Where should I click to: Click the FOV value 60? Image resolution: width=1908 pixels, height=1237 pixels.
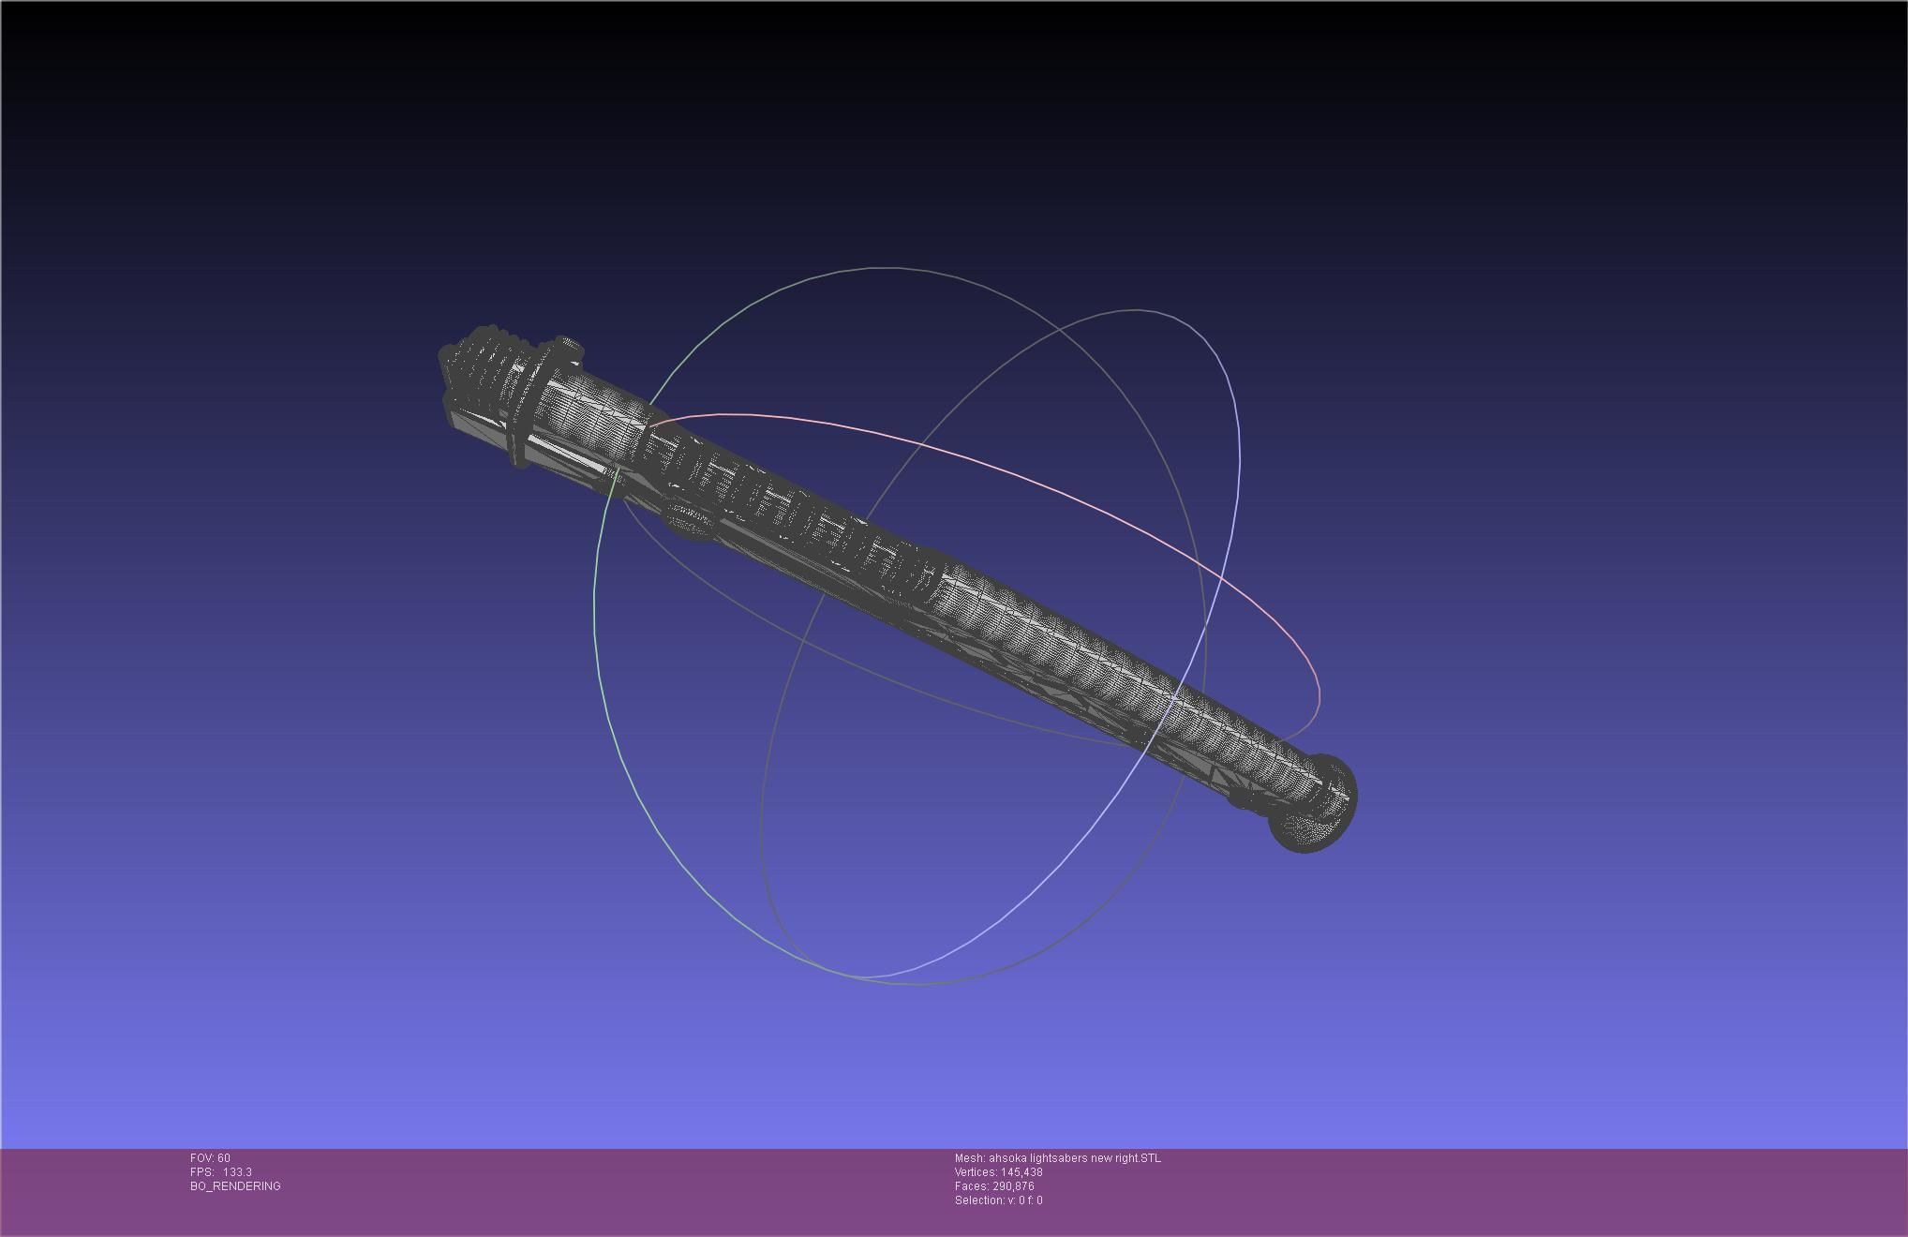pos(224,1158)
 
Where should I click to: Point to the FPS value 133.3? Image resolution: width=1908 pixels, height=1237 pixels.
pos(237,1172)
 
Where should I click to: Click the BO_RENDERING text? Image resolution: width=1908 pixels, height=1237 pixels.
pos(235,1186)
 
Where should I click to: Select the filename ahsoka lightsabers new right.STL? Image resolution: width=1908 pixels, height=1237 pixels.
pos(1075,1158)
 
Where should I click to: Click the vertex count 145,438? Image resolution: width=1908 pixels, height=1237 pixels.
pos(1021,1172)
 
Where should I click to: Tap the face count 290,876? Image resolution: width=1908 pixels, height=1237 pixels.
pos(1013,1186)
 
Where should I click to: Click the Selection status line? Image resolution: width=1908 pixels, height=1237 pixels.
pos(998,1200)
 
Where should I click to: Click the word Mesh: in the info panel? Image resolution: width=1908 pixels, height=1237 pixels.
pos(969,1158)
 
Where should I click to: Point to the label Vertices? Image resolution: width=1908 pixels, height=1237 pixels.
pos(976,1172)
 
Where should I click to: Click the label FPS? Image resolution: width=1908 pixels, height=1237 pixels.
pos(201,1172)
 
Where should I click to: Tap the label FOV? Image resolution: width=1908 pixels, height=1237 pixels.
pos(202,1158)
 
